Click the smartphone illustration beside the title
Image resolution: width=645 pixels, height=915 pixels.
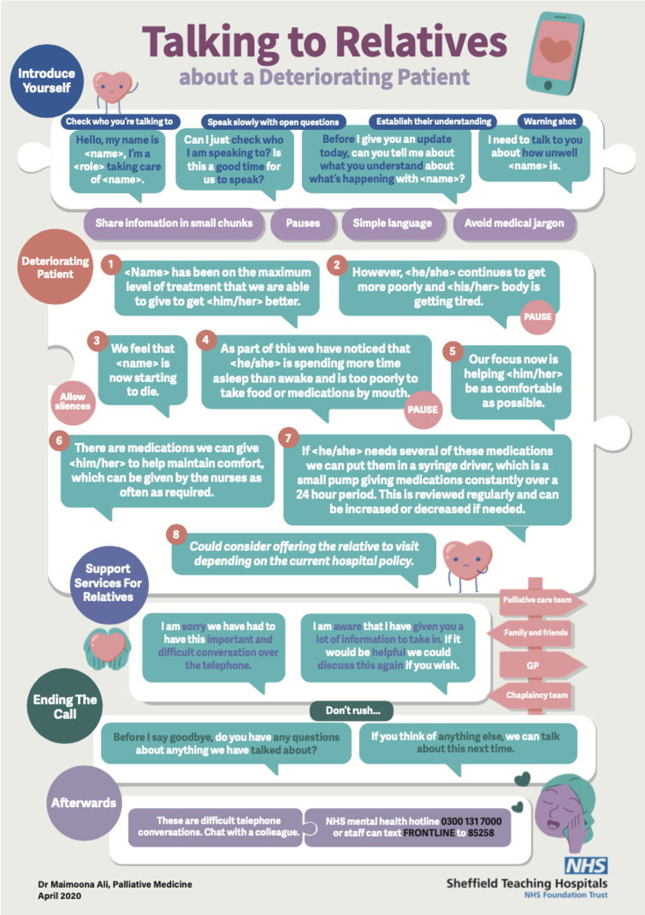554,53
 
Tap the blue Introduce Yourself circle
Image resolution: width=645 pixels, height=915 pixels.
47,80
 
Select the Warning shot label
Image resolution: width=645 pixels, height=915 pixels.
549,121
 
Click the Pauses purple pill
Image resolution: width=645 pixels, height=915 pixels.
303,223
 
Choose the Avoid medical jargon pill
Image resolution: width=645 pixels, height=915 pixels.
514,223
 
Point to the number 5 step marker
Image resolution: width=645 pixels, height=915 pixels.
453,351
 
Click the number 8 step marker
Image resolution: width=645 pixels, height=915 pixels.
176,534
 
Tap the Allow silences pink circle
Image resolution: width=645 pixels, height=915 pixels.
73,401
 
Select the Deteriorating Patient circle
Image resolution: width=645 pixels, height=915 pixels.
56,268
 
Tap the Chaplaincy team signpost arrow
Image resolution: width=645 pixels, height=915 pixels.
530,695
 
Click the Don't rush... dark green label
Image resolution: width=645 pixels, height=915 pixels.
352,711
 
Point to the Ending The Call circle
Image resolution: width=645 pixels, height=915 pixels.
65,706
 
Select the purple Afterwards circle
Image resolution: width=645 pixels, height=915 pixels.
84,803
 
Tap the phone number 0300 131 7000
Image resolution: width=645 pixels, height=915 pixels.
471,821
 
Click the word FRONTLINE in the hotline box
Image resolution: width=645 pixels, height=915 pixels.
429,833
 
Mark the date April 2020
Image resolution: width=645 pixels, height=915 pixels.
60,895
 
